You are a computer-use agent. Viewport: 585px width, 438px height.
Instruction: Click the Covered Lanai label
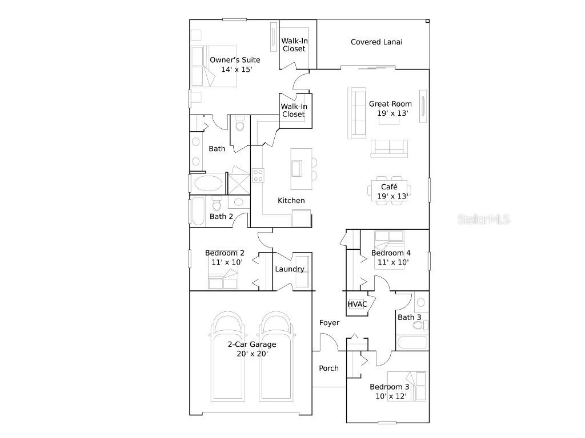[376, 42]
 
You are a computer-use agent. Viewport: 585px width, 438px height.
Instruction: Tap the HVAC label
[358, 304]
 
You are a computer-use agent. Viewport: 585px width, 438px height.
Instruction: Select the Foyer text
[329, 323]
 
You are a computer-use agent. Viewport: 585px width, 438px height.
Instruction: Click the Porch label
[328, 368]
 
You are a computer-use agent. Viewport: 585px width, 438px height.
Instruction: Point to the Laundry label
[290, 269]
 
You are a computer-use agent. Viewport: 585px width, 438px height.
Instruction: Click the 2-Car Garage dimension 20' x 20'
[252, 354]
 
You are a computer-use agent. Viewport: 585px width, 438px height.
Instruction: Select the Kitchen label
[291, 201]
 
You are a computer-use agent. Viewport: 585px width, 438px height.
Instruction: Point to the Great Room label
[390, 104]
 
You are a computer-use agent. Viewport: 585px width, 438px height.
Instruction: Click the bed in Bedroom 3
[407, 386]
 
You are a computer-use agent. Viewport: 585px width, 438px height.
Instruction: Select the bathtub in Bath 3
[411, 343]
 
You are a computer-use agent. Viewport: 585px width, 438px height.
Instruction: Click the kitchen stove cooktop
[258, 175]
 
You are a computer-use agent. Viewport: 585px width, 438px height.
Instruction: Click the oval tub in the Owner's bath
[209, 184]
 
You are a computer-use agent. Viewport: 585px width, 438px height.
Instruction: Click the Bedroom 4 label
[391, 253]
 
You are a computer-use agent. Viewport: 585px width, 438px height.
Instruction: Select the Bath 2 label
[221, 217]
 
